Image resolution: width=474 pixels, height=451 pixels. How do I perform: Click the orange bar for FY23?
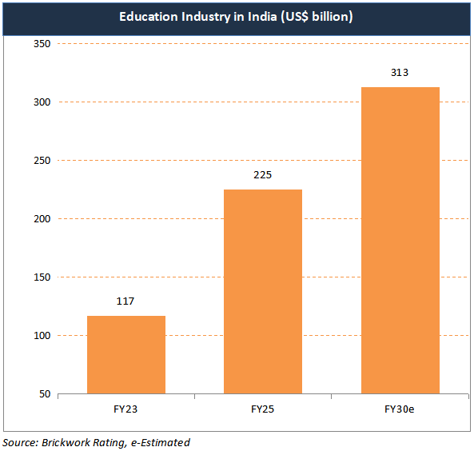point(125,354)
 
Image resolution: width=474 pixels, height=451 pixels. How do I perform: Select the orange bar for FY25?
point(262,291)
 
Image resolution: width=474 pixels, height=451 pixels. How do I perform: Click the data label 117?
point(125,301)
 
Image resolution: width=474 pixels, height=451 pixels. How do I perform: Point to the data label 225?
point(262,175)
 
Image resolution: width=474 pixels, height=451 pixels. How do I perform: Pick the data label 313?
point(400,73)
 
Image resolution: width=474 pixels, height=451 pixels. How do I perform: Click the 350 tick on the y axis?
point(42,44)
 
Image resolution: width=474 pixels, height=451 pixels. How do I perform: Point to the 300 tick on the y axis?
point(42,102)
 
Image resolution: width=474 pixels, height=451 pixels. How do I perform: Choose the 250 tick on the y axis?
point(42,161)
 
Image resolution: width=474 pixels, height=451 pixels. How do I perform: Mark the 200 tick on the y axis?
point(42,219)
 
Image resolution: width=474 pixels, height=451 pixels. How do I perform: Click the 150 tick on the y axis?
point(42,277)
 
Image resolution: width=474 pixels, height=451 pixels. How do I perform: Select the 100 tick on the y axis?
point(42,336)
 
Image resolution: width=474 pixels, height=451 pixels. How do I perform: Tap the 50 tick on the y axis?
point(45,394)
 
